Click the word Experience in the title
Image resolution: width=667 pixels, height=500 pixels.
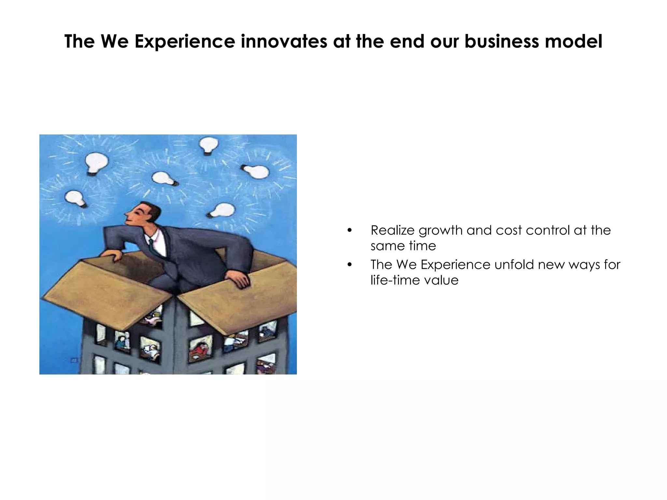tap(184, 41)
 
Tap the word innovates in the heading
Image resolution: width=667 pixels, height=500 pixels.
tap(284, 41)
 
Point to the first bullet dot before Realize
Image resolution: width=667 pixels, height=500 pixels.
tap(349, 231)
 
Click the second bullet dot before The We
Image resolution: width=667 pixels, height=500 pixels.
tap(349, 265)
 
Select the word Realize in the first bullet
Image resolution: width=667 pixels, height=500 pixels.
tap(392, 230)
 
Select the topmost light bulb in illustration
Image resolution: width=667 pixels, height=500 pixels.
tap(208, 145)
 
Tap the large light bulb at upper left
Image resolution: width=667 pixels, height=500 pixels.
tap(96, 163)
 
